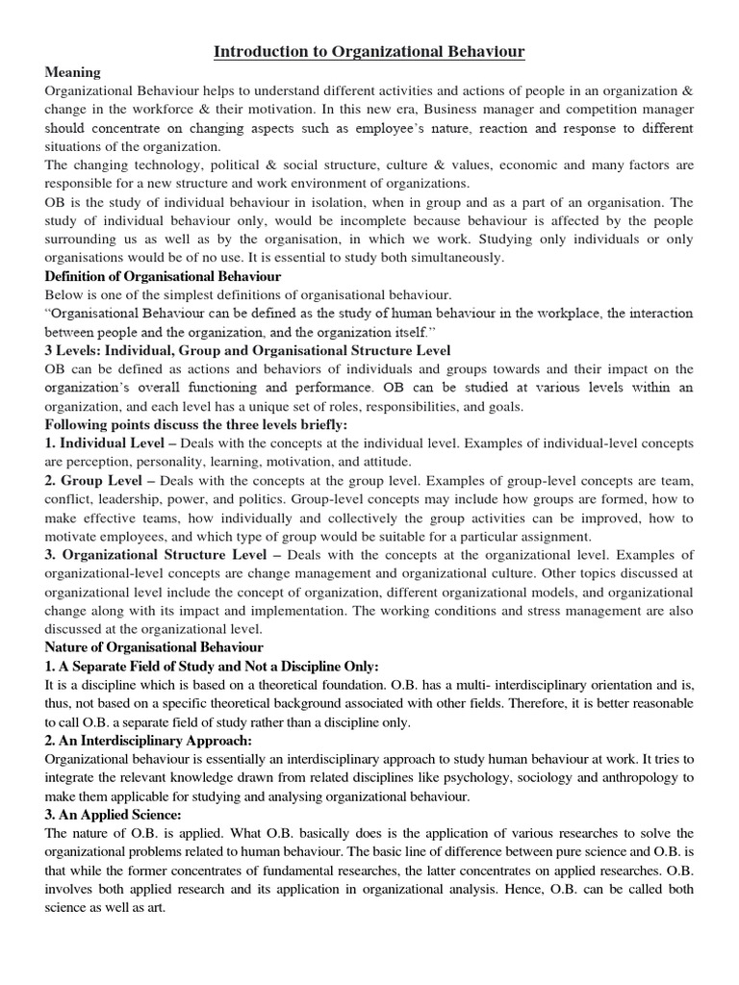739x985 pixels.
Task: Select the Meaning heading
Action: tap(72, 73)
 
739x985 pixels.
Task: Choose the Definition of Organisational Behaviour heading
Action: tap(163, 276)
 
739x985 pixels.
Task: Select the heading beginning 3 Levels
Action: tap(247, 350)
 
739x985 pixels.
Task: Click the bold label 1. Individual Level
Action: tap(102, 443)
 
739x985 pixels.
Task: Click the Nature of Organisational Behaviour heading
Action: tap(154, 647)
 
